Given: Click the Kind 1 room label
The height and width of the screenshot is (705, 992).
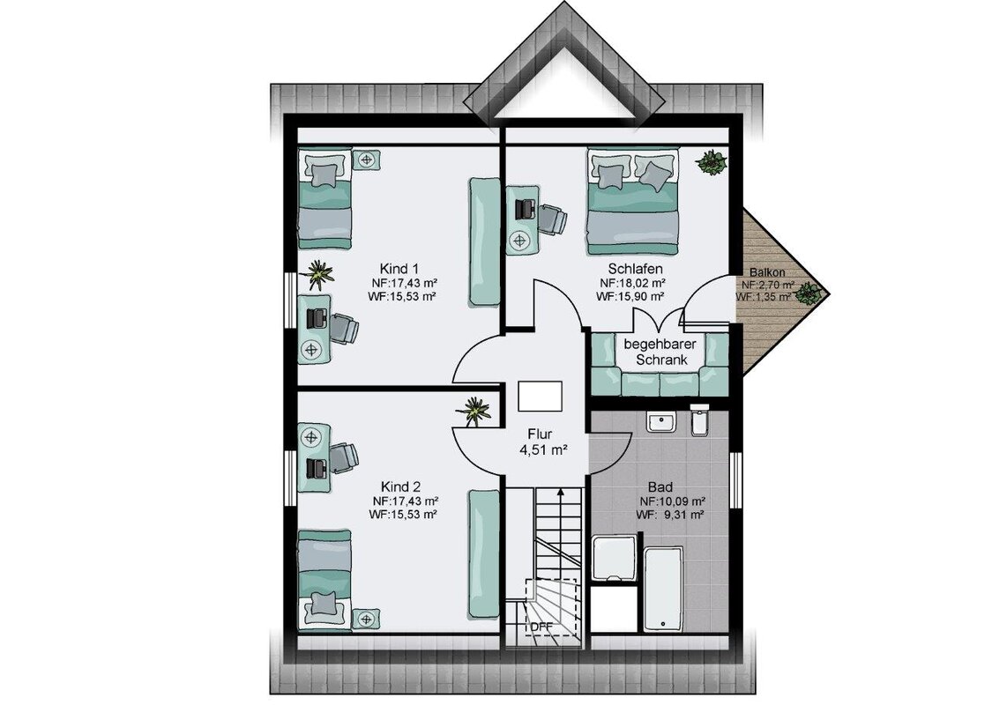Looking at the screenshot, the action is [x=399, y=268].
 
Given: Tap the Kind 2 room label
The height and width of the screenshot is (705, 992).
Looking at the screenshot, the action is [x=400, y=486].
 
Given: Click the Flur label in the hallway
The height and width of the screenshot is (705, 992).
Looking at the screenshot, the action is [x=541, y=434].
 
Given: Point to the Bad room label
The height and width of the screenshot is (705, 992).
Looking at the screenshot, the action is [x=660, y=487].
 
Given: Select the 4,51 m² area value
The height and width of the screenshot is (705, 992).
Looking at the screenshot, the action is [x=543, y=451].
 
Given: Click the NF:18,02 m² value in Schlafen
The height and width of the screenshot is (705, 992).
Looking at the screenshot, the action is [x=632, y=283].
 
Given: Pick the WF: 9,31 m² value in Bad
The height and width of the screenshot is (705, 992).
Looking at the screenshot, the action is [x=670, y=516].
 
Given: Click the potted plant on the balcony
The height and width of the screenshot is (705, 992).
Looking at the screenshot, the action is [x=808, y=293].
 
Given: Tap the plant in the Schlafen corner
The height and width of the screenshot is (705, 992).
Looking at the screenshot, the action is [x=711, y=162].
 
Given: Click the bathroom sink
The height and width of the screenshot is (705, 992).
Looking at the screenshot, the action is [x=661, y=421].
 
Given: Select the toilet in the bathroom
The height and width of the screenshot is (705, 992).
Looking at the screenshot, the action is [x=699, y=420].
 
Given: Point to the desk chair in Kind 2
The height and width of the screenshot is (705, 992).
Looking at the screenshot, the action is [x=342, y=457].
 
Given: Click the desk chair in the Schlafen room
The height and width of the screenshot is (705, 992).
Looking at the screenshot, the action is [x=551, y=219].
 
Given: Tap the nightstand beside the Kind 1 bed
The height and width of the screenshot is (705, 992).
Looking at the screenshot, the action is [x=366, y=160].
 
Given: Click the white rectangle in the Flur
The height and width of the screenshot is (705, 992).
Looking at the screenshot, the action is [x=541, y=397].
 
